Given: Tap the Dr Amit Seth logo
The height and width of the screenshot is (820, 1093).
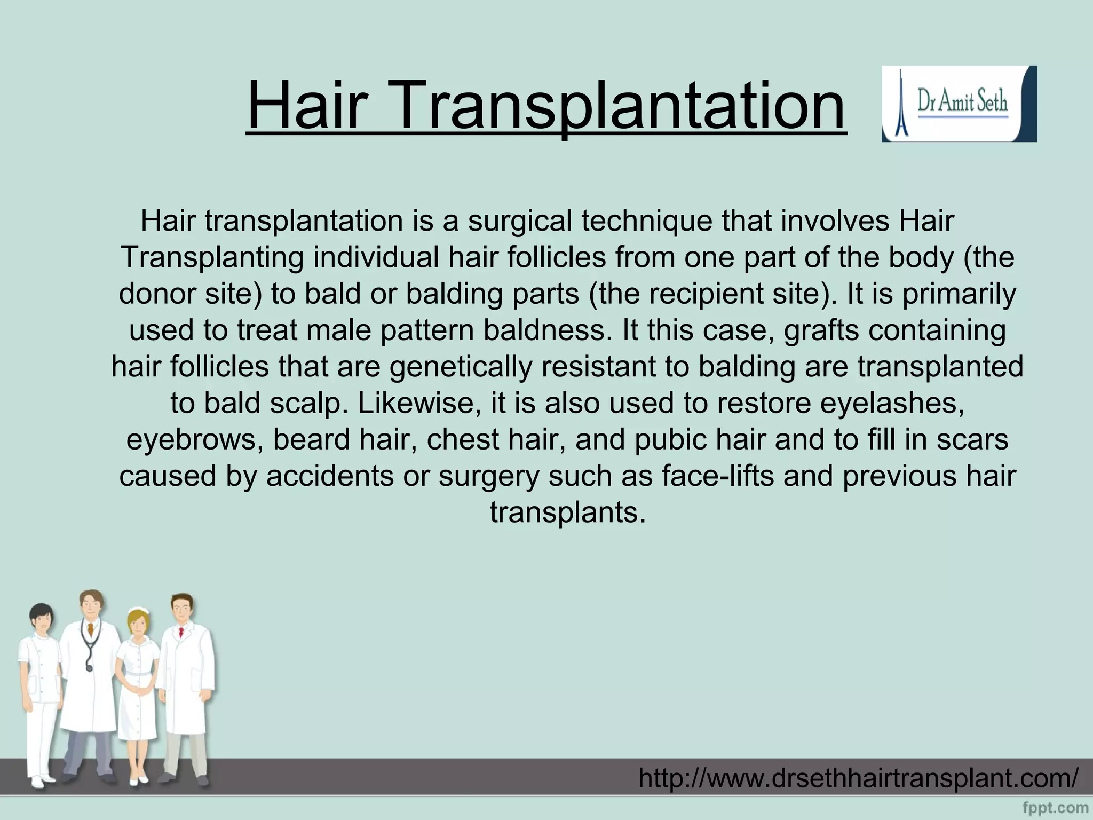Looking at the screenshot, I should pyautogui.click(x=959, y=104).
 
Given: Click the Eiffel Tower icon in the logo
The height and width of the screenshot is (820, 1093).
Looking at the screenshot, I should pyautogui.click(x=901, y=104).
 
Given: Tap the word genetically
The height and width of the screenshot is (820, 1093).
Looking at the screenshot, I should pyautogui.click(x=461, y=367).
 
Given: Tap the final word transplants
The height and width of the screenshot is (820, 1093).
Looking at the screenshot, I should pyautogui.click(x=568, y=512).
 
